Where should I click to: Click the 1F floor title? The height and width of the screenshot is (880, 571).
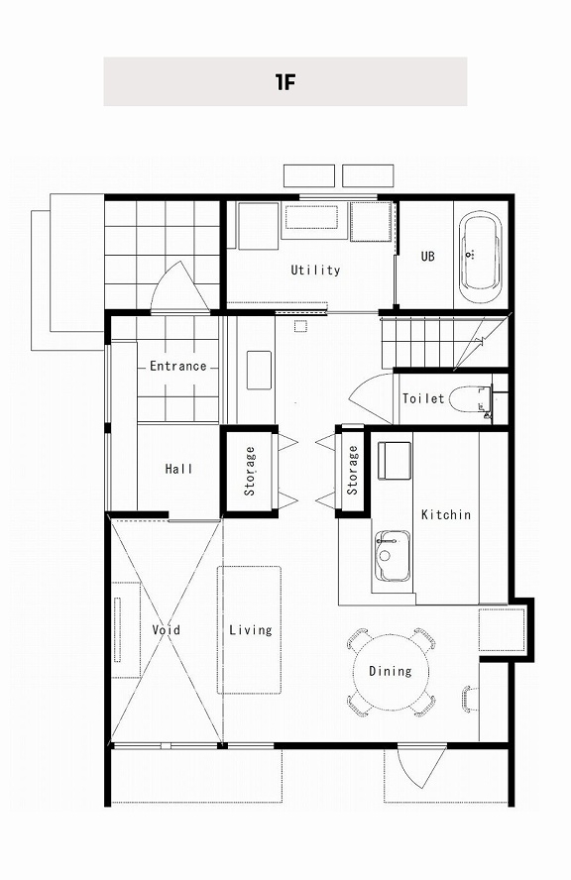pos(285,82)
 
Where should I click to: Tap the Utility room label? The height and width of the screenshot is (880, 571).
pos(315,270)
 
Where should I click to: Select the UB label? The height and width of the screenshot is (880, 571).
pos(428,256)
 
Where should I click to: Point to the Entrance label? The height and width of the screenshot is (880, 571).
pos(178,366)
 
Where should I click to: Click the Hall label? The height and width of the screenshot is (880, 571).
pos(179,468)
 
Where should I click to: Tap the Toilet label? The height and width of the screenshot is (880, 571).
pos(423,398)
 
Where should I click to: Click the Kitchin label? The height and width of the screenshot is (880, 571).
pos(446,514)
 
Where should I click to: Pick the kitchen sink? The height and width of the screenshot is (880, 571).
pos(392,556)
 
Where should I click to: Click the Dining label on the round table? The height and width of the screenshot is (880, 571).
pos(391,671)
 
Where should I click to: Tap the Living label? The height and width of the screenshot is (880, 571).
pos(251,629)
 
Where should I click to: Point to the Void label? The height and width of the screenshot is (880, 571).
pos(167,629)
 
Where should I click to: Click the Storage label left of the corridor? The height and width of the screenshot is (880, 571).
pos(250,471)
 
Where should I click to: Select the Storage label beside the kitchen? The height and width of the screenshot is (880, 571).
pos(353,470)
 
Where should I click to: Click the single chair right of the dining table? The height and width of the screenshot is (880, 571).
pos(470,699)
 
